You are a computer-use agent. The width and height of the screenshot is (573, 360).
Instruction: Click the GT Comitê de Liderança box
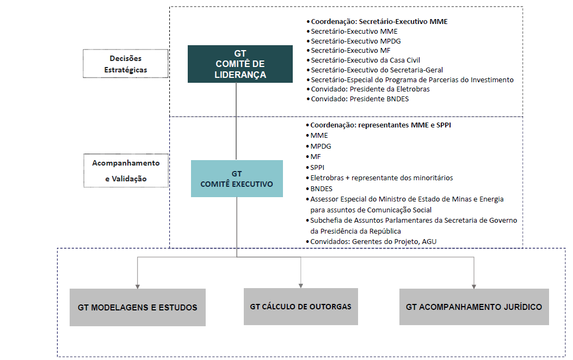click(x=240, y=64)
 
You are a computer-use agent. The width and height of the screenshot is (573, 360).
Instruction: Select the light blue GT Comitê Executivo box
click(x=237, y=179)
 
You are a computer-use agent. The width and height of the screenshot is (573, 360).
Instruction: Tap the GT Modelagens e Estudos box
click(x=138, y=307)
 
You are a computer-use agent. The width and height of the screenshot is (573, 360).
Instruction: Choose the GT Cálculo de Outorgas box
click(x=301, y=307)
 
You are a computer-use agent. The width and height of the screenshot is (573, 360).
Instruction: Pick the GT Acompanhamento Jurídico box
click(x=474, y=307)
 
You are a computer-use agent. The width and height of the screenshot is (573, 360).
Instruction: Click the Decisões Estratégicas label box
click(x=126, y=64)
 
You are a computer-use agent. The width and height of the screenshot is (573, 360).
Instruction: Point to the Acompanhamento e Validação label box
click(x=126, y=170)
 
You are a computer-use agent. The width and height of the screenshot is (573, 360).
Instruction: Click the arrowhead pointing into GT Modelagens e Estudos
click(x=138, y=287)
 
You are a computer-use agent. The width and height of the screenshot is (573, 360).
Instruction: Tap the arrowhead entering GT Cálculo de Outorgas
click(x=301, y=286)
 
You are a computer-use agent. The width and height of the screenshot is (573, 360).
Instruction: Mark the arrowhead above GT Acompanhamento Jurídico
click(x=474, y=287)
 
